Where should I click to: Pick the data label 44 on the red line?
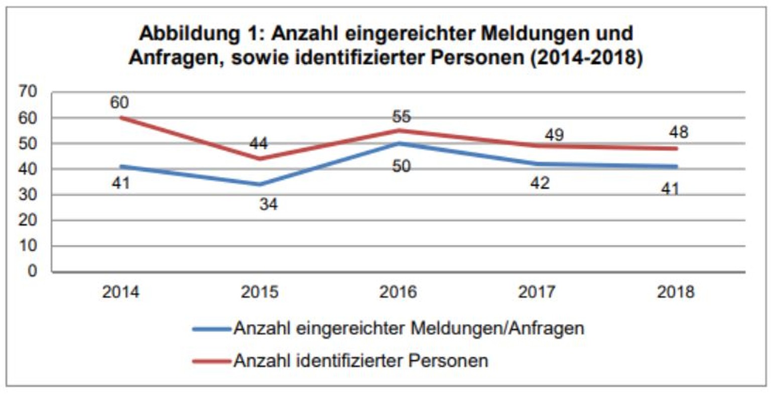click(259, 144)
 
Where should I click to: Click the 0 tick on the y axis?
click(33, 271)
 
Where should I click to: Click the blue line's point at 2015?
click(260, 184)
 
